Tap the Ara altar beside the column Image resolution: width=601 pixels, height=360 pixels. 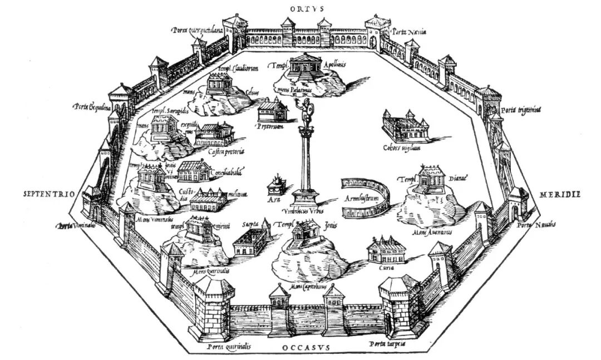[x=274, y=184]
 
